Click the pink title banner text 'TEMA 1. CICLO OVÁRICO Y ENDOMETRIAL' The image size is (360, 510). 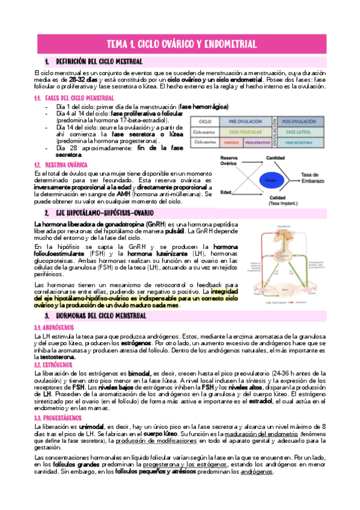(x=181, y=44)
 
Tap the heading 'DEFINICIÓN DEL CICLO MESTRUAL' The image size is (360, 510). (x=99, y=62)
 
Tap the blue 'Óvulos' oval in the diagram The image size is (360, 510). (x=271, y=180)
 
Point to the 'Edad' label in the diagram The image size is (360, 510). (x=225, y=192)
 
